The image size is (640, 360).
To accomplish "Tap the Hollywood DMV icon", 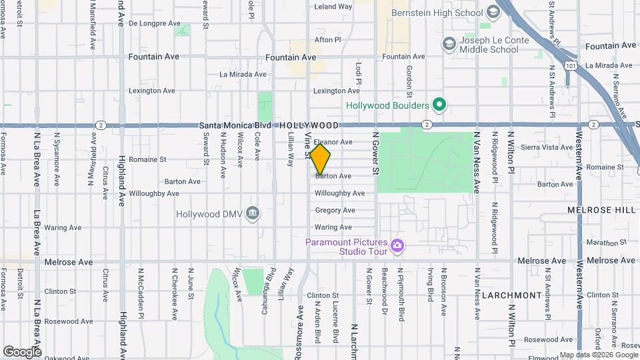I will pos(253,213).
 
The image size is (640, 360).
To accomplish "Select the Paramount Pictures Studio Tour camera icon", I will pos(397,247).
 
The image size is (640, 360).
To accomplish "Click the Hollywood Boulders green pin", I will pos(439,105).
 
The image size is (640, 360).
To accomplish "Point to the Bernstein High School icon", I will pos(493,12).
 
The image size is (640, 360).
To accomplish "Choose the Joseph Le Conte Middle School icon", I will pos(449,43).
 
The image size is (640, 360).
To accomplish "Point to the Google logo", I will pos(21,351).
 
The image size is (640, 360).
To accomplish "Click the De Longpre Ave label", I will pos(155,23).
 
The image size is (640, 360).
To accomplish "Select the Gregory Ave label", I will pos(335,211).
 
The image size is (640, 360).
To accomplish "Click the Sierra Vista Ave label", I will pos(549,147).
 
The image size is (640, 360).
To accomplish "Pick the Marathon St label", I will pos(604,243).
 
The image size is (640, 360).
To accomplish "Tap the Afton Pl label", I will pos(328,40).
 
